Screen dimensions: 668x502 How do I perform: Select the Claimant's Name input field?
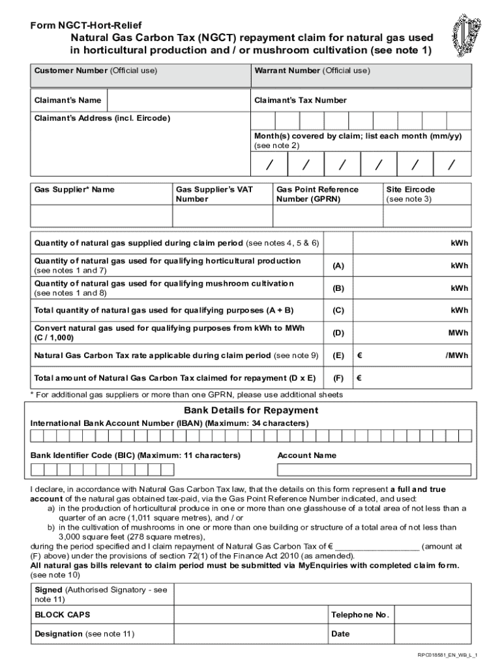click(x=178, y=100)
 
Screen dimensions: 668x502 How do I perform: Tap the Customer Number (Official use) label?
click(x=96, y=70)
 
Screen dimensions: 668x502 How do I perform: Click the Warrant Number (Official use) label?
click(x=312, y=70)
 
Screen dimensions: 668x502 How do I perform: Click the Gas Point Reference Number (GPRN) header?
click(x=317, y=194)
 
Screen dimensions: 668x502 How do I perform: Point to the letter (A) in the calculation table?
click(x=338, y=266)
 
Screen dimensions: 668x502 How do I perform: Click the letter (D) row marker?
click(x=338, y=333)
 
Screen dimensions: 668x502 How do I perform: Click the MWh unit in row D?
click(x=458, y=333)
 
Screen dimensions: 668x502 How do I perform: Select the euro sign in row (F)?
click(x=359, y=378)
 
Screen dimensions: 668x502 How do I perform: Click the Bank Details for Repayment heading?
click(x=251, y=410)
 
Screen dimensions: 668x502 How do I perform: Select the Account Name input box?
click(x=374, y=470)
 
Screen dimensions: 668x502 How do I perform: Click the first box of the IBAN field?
click(x=37, y=436)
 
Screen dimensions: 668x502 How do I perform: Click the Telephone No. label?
click(x=360, y=615)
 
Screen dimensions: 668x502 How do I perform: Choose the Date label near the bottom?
click(x=340, y=633)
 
